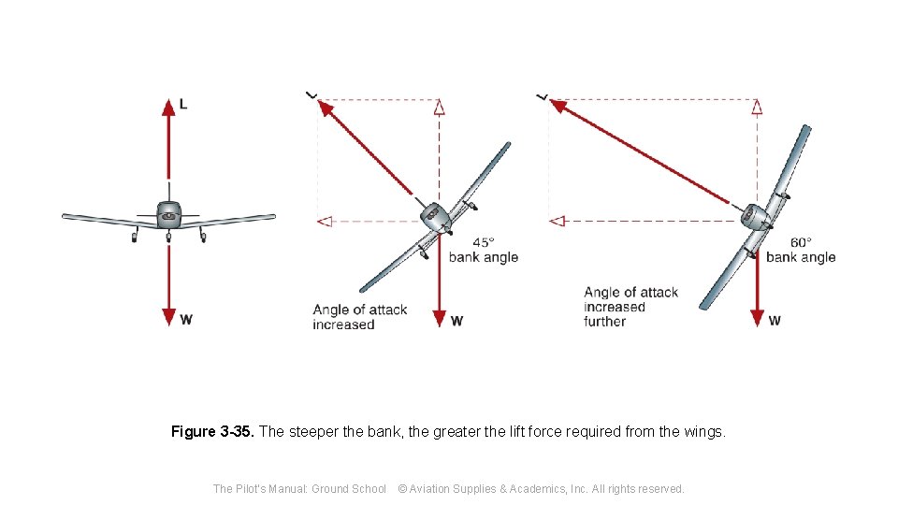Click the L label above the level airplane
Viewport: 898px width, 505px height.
(x=182, y=104)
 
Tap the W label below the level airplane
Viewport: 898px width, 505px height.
(x=186, y=320)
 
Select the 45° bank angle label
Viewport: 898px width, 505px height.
(x=483, y=250)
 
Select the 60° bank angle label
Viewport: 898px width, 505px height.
(x=800, y=250)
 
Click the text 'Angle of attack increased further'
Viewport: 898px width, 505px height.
(x=630, y=307)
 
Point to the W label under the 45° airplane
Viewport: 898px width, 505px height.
(x=456, y=321)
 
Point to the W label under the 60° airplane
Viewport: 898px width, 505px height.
(x=775, y=321)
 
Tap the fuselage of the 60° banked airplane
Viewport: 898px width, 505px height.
(x=754, y=217)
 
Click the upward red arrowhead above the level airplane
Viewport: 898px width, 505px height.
(x=168, y=107)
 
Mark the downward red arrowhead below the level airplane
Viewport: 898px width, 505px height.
(x=168, y=317)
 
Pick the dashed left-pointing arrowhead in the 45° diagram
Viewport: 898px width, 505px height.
(x=325, y=222)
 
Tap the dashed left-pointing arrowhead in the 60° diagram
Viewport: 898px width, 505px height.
(x=557, y=222)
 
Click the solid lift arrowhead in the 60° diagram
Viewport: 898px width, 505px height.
(x=558, y=107)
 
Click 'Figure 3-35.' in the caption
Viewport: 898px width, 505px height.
(x=212, y=432)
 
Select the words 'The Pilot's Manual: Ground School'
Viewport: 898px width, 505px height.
(x=299, y=488)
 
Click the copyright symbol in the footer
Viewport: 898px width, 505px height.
(x=403, y=488)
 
